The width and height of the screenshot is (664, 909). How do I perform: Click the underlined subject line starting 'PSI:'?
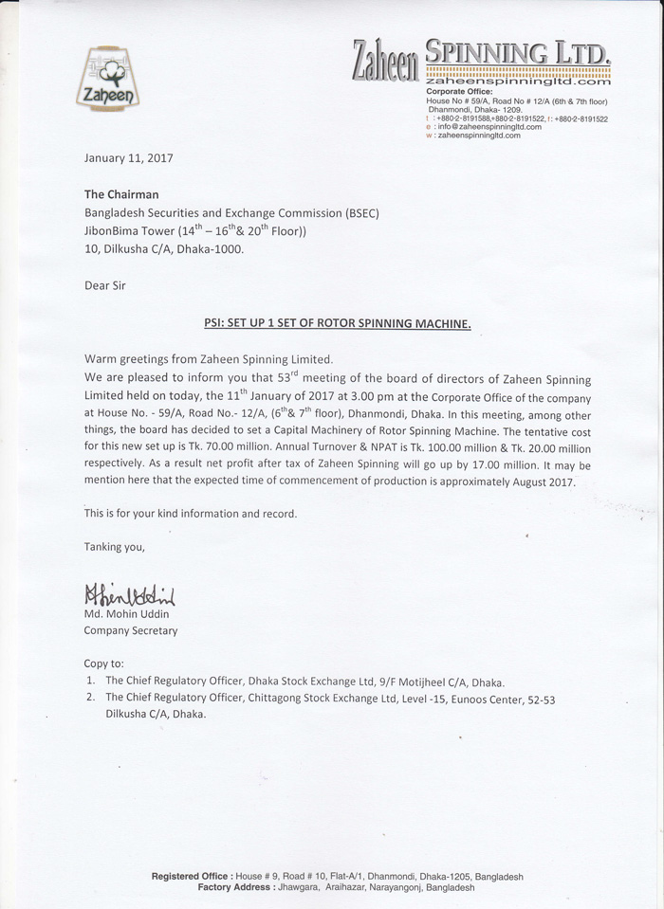338,323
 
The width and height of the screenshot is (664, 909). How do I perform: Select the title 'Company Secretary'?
130,630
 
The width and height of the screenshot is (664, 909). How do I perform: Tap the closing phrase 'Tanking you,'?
115,547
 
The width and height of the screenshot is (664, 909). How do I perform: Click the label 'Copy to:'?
103,664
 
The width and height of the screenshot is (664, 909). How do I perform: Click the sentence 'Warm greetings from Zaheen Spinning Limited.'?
209,360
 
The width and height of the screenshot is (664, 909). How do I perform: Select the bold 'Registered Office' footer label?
189,877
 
